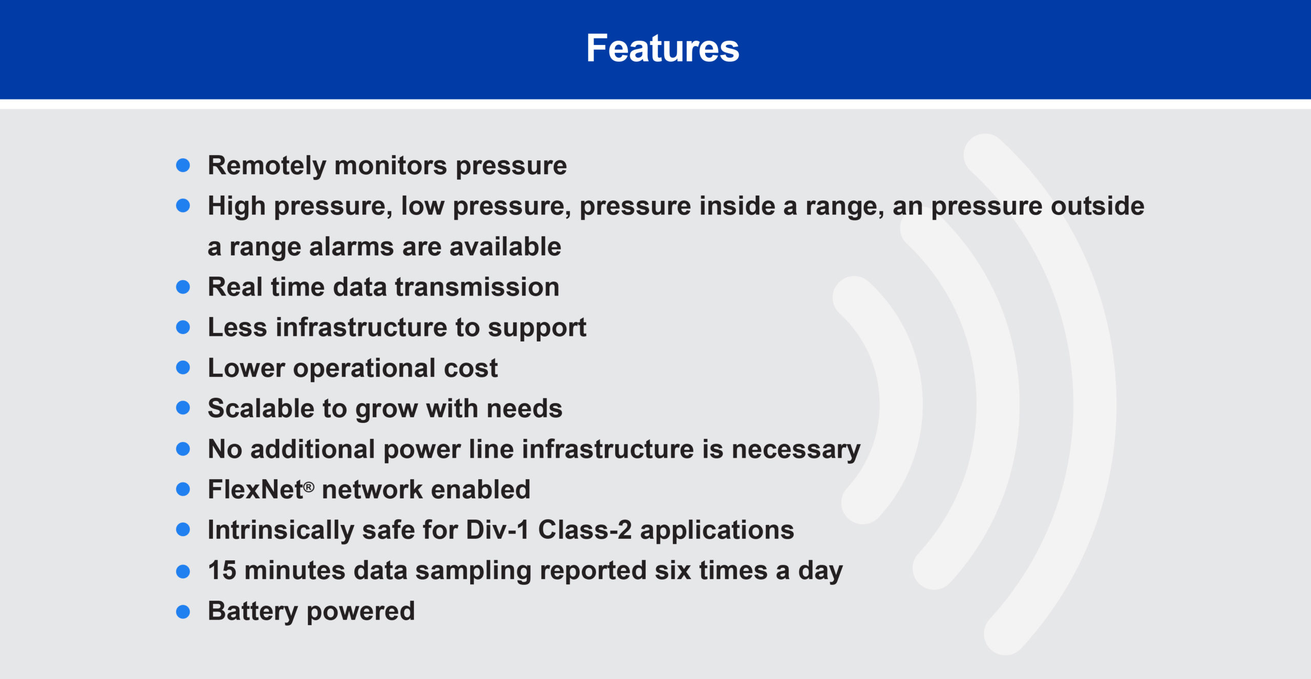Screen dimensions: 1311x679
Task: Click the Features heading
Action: (663, 48)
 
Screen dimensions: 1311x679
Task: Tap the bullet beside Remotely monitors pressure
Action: (183, 165)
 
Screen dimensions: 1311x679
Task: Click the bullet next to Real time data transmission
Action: (183, 287)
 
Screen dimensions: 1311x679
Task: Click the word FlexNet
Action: (256, 490)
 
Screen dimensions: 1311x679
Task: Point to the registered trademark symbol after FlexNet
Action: (309, 487)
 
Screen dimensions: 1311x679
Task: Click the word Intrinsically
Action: (281, 531)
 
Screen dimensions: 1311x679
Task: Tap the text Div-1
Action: (498, 530)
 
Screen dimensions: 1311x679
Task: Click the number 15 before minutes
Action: (222, 570)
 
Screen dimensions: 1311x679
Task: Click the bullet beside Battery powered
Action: (183, 611)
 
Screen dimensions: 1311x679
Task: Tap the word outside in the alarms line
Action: (1097, 206)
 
